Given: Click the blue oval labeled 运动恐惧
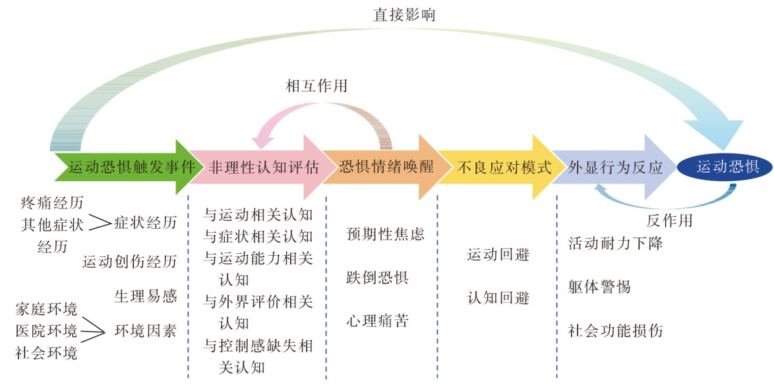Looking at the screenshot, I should coord(728,167).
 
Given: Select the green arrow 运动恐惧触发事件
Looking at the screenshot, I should coord(125,167).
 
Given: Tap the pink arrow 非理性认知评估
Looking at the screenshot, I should coord(263,167).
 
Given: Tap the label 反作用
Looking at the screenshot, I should coord(669,220).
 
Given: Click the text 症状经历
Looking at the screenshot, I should coord(146,223).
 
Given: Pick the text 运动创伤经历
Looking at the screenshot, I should coord(129,262).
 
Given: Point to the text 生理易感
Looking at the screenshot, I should coord(146,296).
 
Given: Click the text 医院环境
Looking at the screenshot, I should coord(46,330).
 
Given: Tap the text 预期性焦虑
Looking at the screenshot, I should coord(386,233).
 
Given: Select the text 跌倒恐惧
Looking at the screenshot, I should coord(377,277).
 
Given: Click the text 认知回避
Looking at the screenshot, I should coord(498,298).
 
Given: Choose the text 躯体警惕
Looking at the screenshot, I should coord(599,287).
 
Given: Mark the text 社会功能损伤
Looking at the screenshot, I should coord(615,330).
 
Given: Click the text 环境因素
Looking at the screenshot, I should coord(146,330).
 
